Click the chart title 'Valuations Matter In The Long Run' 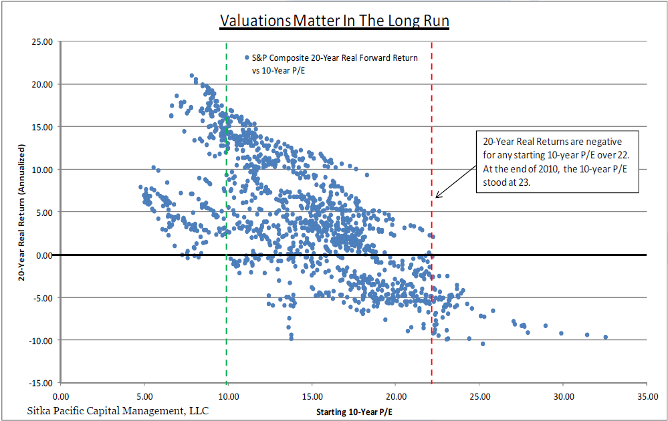click(334, 21)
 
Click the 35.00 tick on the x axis click(647, 394)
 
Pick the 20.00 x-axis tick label click(395, 394)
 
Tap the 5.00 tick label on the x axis click(144, 394)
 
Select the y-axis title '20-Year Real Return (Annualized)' click(21, 212)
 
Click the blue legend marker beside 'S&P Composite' click(247, 57)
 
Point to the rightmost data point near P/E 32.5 click(606, 337)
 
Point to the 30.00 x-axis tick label click(563, 394)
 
